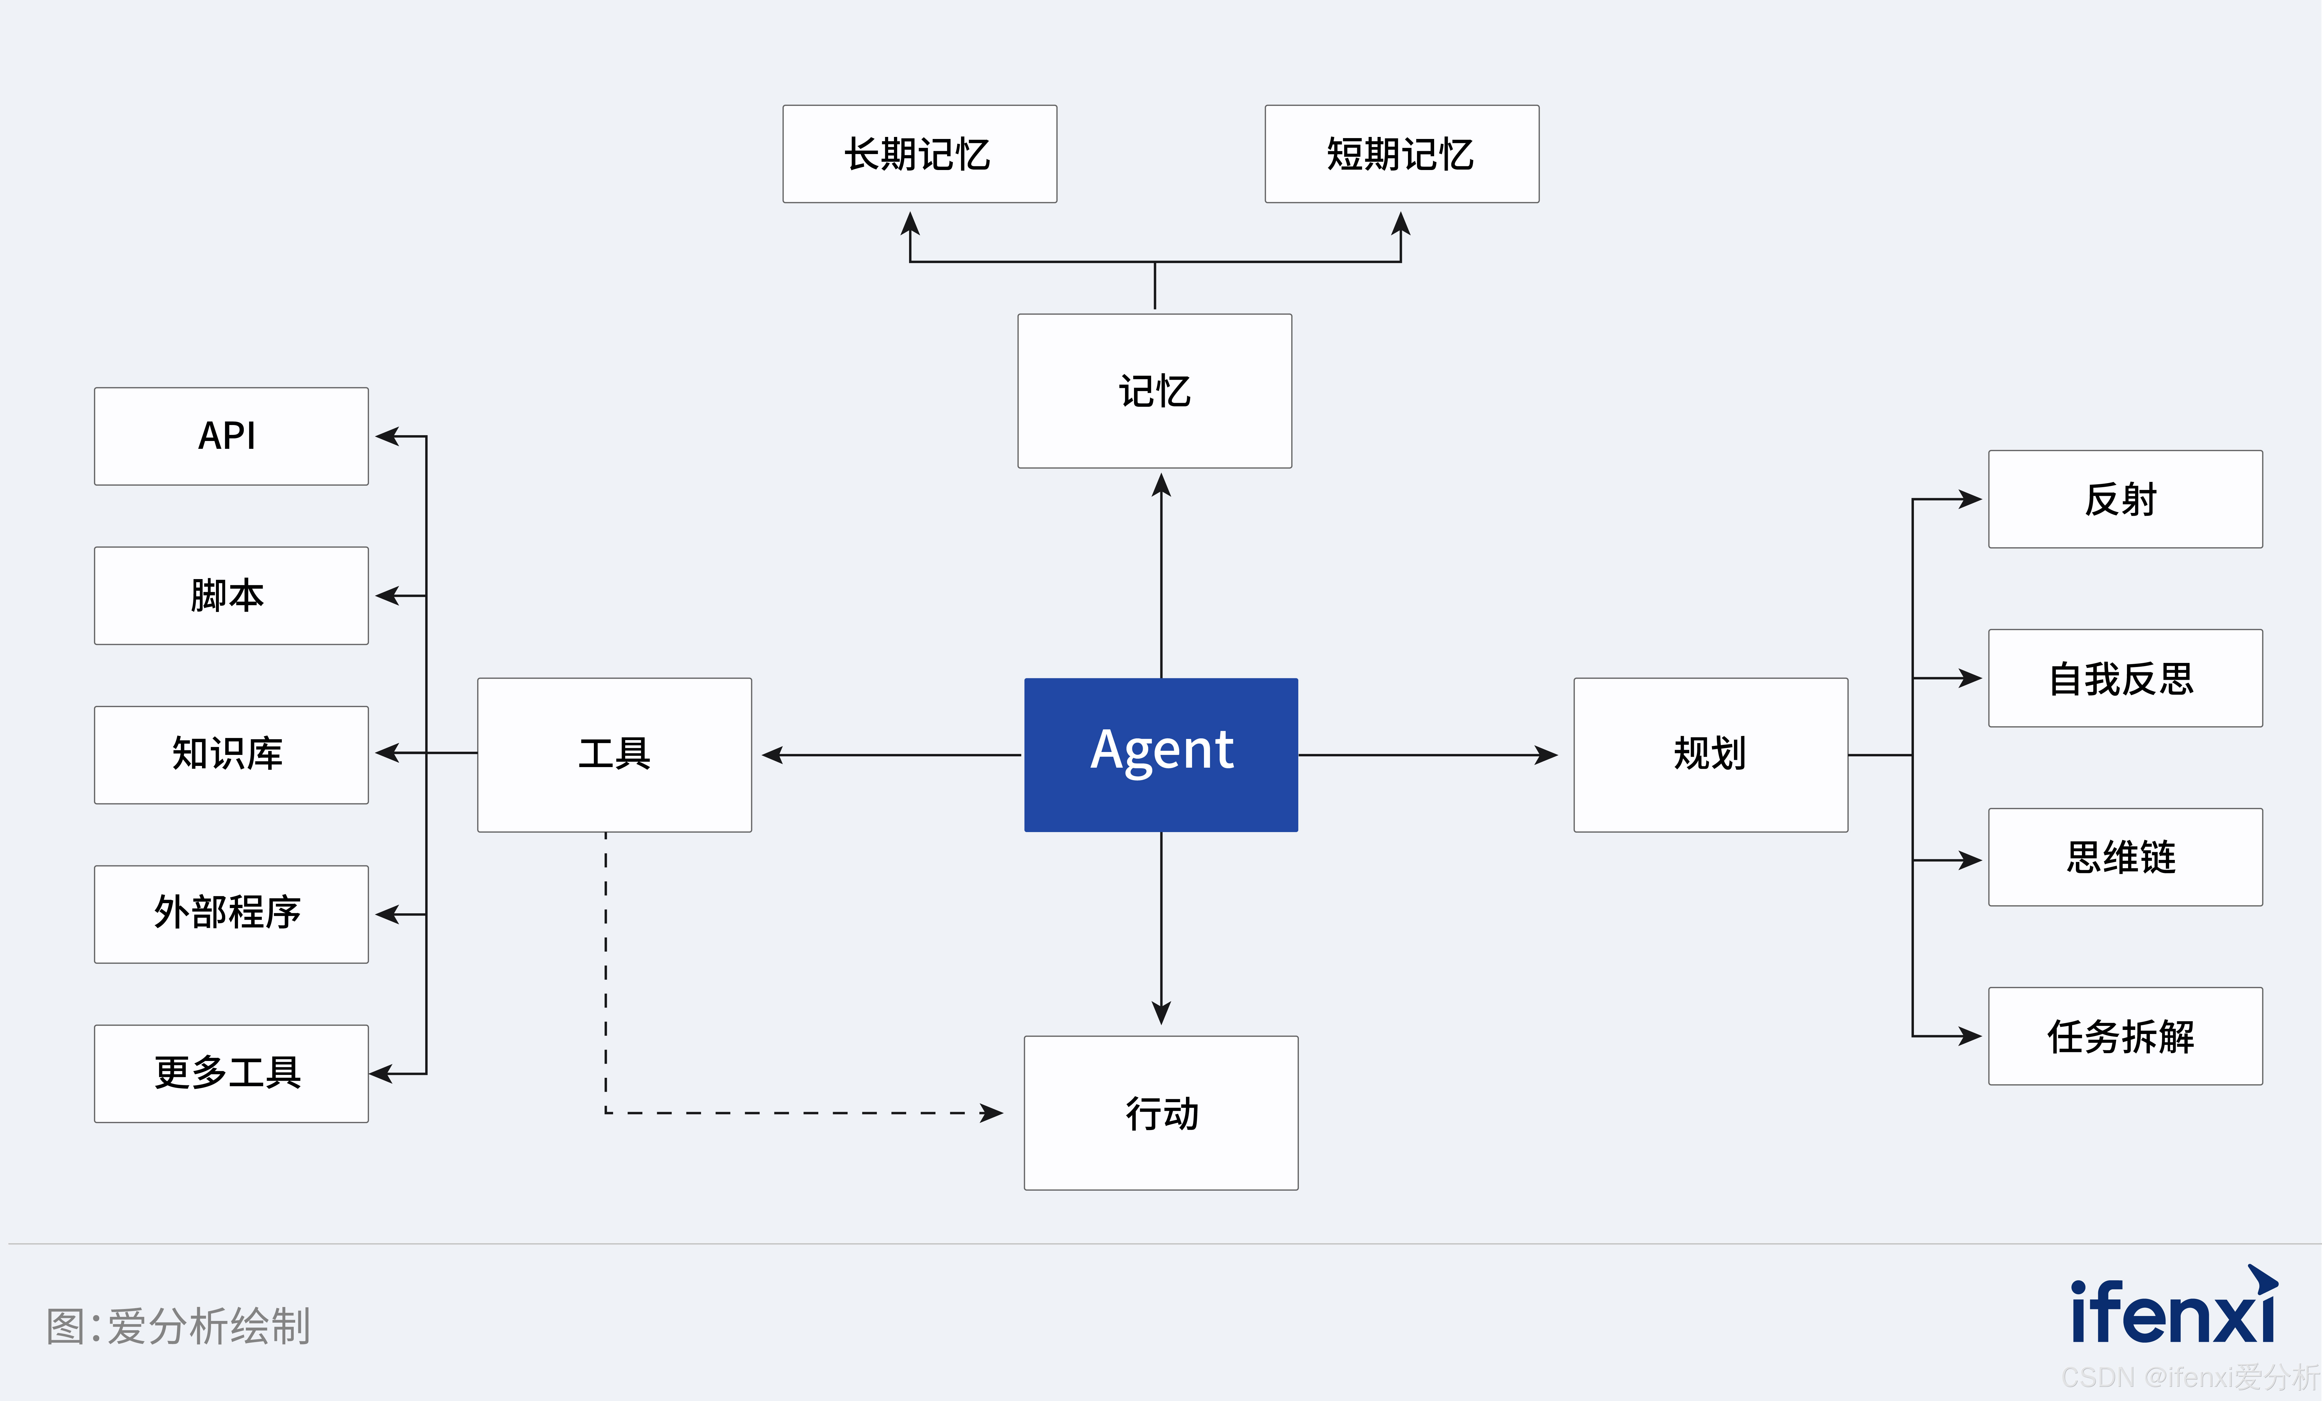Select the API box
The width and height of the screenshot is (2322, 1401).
tap(231, 436)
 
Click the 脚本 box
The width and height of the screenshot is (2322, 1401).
tap(231, 595)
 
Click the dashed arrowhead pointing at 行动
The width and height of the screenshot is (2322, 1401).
tap(992, 1113)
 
